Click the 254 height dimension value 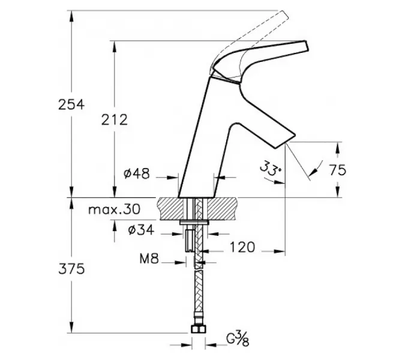click(x=71, y=104)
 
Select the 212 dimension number click(x=115, y=119)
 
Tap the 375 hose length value click(x=71, y=269)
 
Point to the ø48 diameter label click(x=137, y=173)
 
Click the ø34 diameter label click(x=141, y=230)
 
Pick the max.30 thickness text click(x=115, y=209)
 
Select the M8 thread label click(x=149, y=258)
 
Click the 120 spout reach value click(x=242, y=247)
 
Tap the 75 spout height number click(x=338, y=170)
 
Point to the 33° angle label click(x=270, y=168)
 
